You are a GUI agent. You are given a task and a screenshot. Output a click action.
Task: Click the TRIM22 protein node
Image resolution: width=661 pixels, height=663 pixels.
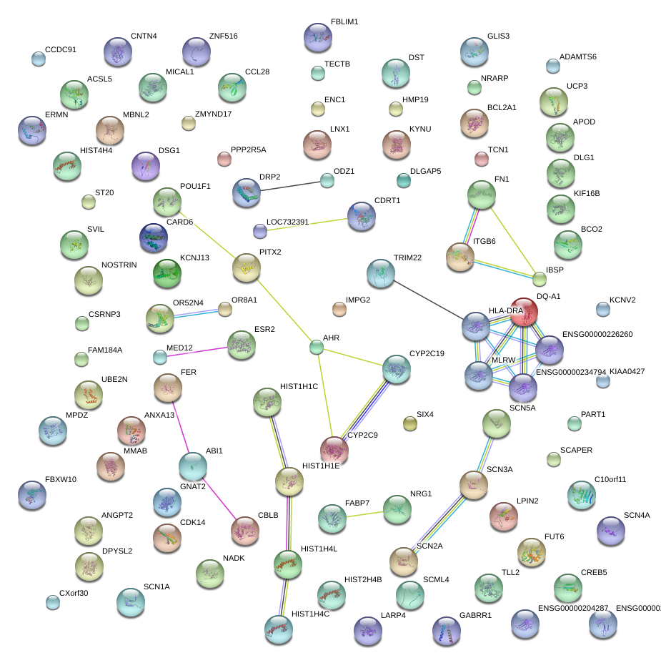[x=380, y=273]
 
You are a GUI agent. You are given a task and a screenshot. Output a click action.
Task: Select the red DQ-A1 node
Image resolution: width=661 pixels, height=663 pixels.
[x=524, y=312]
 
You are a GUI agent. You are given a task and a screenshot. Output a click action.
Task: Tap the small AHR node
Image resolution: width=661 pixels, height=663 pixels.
[x=317, y=348]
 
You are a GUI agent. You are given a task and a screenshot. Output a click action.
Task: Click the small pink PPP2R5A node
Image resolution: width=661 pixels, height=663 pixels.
[x=224, y=158]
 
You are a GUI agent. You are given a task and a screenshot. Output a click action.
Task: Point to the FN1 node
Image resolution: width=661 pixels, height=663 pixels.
[x=482, y=194]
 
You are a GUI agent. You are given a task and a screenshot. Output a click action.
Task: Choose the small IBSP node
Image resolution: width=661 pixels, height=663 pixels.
[x=540, y=278]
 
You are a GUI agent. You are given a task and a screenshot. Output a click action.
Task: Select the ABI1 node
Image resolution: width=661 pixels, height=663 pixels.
[x=192, y=466]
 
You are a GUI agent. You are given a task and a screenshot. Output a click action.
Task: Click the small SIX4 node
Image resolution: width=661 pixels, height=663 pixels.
[x=409, y=424]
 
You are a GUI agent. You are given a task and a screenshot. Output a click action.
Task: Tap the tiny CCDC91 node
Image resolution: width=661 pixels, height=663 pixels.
[x=38, y=59]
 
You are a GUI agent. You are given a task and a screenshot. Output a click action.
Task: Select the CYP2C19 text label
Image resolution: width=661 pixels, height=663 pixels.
[x=427, y=354]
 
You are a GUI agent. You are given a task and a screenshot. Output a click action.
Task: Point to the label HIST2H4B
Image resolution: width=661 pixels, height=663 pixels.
[x=363, y=579]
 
